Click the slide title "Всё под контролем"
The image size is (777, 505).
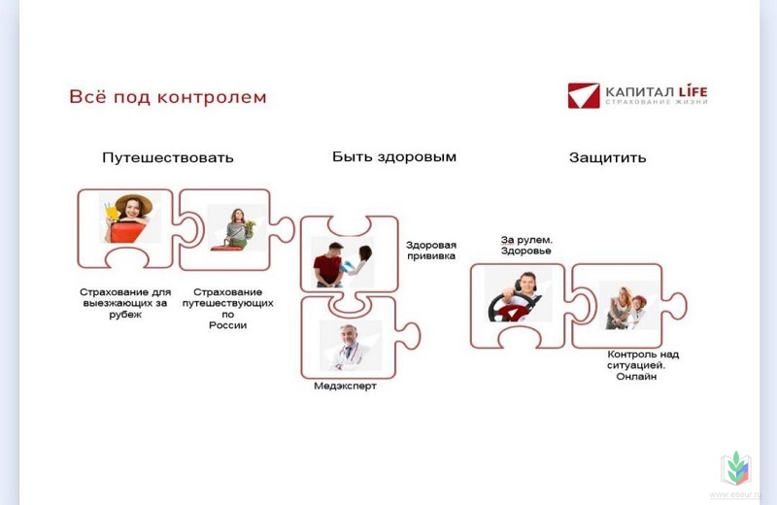(167, 97)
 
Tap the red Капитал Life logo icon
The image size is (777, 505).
(584, 95)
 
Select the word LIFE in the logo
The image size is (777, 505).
(693, 91)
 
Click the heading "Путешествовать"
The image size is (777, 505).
(167, 157)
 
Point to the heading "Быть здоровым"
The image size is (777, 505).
(394, 157)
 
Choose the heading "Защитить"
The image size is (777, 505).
(608, 157)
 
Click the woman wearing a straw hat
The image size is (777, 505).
(128, 219)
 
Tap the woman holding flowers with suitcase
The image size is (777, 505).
(234, 229)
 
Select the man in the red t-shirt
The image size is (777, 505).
(329, 265)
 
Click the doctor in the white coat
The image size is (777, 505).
(349, 348)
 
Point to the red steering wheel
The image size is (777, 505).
(511, 308)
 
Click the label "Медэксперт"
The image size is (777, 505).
(346, 386)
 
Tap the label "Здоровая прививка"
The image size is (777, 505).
(431, 251)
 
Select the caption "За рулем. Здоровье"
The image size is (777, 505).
(525, 246)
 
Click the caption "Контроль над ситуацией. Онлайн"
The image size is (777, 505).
(643, 365)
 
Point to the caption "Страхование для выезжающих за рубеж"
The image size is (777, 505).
(125, 303)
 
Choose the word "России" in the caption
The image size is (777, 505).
(227, 325)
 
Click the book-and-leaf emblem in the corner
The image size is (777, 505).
(736, 468)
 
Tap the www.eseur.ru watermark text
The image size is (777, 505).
(734, 494)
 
